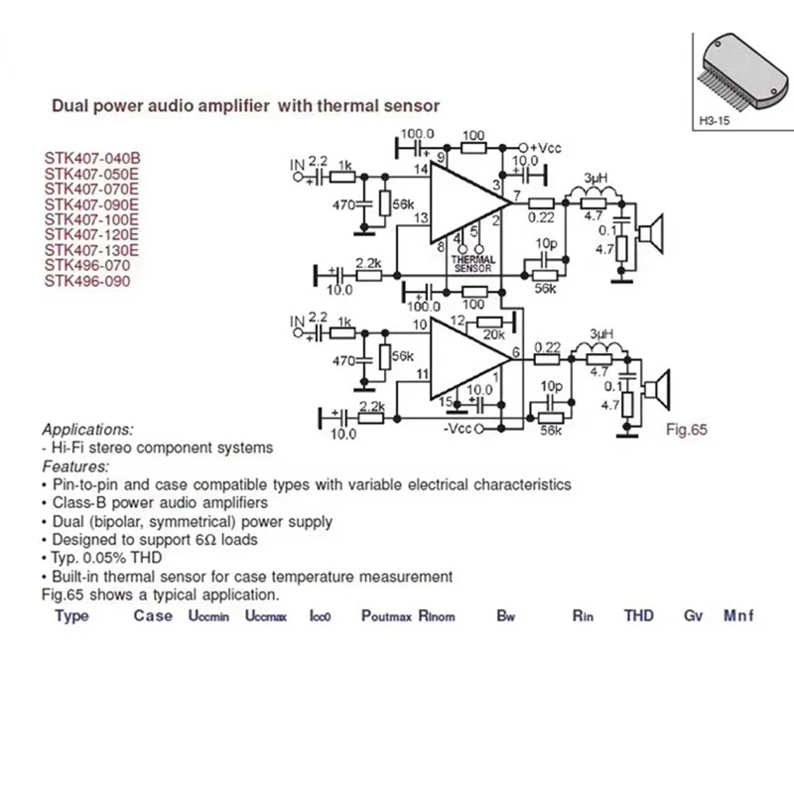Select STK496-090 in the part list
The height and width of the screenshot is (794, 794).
pos(86,281)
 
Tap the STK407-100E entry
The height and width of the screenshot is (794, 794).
pos(92,219)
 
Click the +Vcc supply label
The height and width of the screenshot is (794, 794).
pos(545,147)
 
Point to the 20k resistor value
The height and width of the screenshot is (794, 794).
pos(490,333)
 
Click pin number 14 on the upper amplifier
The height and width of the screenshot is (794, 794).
pos(421,171)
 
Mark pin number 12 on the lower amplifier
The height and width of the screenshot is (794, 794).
pos(458,321)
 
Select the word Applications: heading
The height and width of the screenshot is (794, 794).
pos(87,430)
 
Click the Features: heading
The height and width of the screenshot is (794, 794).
pos(75,465)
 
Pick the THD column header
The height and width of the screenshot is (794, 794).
pos(639,615)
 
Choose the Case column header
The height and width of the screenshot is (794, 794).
pos(153,615)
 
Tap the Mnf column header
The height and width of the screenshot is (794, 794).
pos(738,615)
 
